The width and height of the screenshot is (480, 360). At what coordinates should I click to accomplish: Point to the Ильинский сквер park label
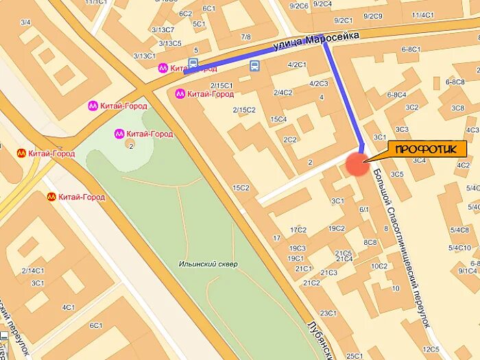click(x=208, y=264)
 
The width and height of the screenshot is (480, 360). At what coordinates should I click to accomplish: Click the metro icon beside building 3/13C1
click(x=163, y=67)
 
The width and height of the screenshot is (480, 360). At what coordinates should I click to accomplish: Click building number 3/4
click(x=26, y=23)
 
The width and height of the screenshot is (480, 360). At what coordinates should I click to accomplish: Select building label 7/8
click(x=245, y=36)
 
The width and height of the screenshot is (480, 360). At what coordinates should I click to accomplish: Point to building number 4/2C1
click(x=297, y=64)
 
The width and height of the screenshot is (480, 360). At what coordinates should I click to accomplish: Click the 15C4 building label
click(x=278, y=119)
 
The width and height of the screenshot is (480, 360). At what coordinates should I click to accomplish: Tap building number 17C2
click(x=298, y=230)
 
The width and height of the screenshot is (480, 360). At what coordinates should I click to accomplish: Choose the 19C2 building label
click(x=336, y=228)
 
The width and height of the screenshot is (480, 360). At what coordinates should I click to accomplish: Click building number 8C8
click(x=370, y=242)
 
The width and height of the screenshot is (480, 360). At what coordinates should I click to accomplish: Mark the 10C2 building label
click(x=379, y=266)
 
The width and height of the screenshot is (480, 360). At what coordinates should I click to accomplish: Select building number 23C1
click(x=328, y=313)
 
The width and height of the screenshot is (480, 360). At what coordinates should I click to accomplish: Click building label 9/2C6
click(x=298, y=5)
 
